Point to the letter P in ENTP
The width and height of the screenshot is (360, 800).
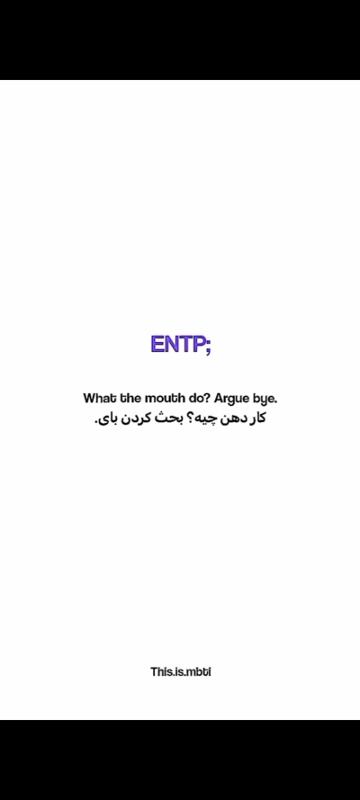199,346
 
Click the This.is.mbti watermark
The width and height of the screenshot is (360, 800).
180,671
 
